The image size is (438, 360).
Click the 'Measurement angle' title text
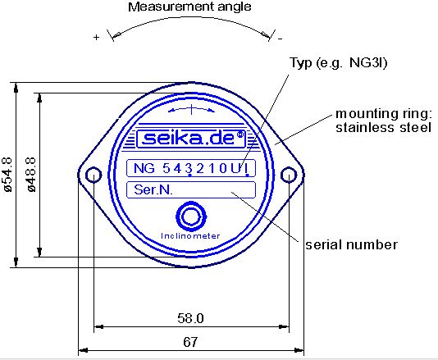click(x=189, y=7)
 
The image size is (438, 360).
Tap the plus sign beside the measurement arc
click(x=97, y=38)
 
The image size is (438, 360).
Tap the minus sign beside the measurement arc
click(x=280, y=38)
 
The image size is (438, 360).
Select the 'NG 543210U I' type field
click(x=190, y=169)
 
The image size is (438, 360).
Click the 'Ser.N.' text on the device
click(x=152, y=190)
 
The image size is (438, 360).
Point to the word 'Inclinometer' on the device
click(x=190, y=235)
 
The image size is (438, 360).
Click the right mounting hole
click(x=288, y=175)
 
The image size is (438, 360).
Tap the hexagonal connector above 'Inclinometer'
click(x=191, y=217)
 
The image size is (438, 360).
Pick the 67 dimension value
click(x=190, y=340)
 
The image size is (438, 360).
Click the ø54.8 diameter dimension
click(x=7, y=174)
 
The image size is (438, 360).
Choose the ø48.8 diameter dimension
click(x=30, y=174)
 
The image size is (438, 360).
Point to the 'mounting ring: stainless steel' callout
click(x=382, y=120)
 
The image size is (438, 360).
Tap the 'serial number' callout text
click(x=351, y=244)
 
